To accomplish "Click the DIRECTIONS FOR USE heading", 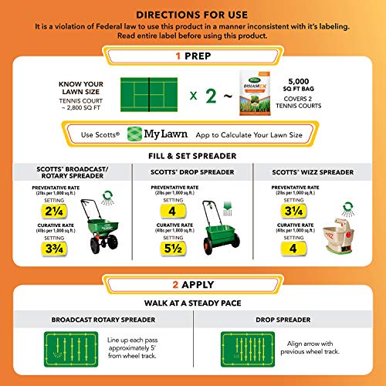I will (192, 14).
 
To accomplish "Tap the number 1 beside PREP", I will (178, 56).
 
